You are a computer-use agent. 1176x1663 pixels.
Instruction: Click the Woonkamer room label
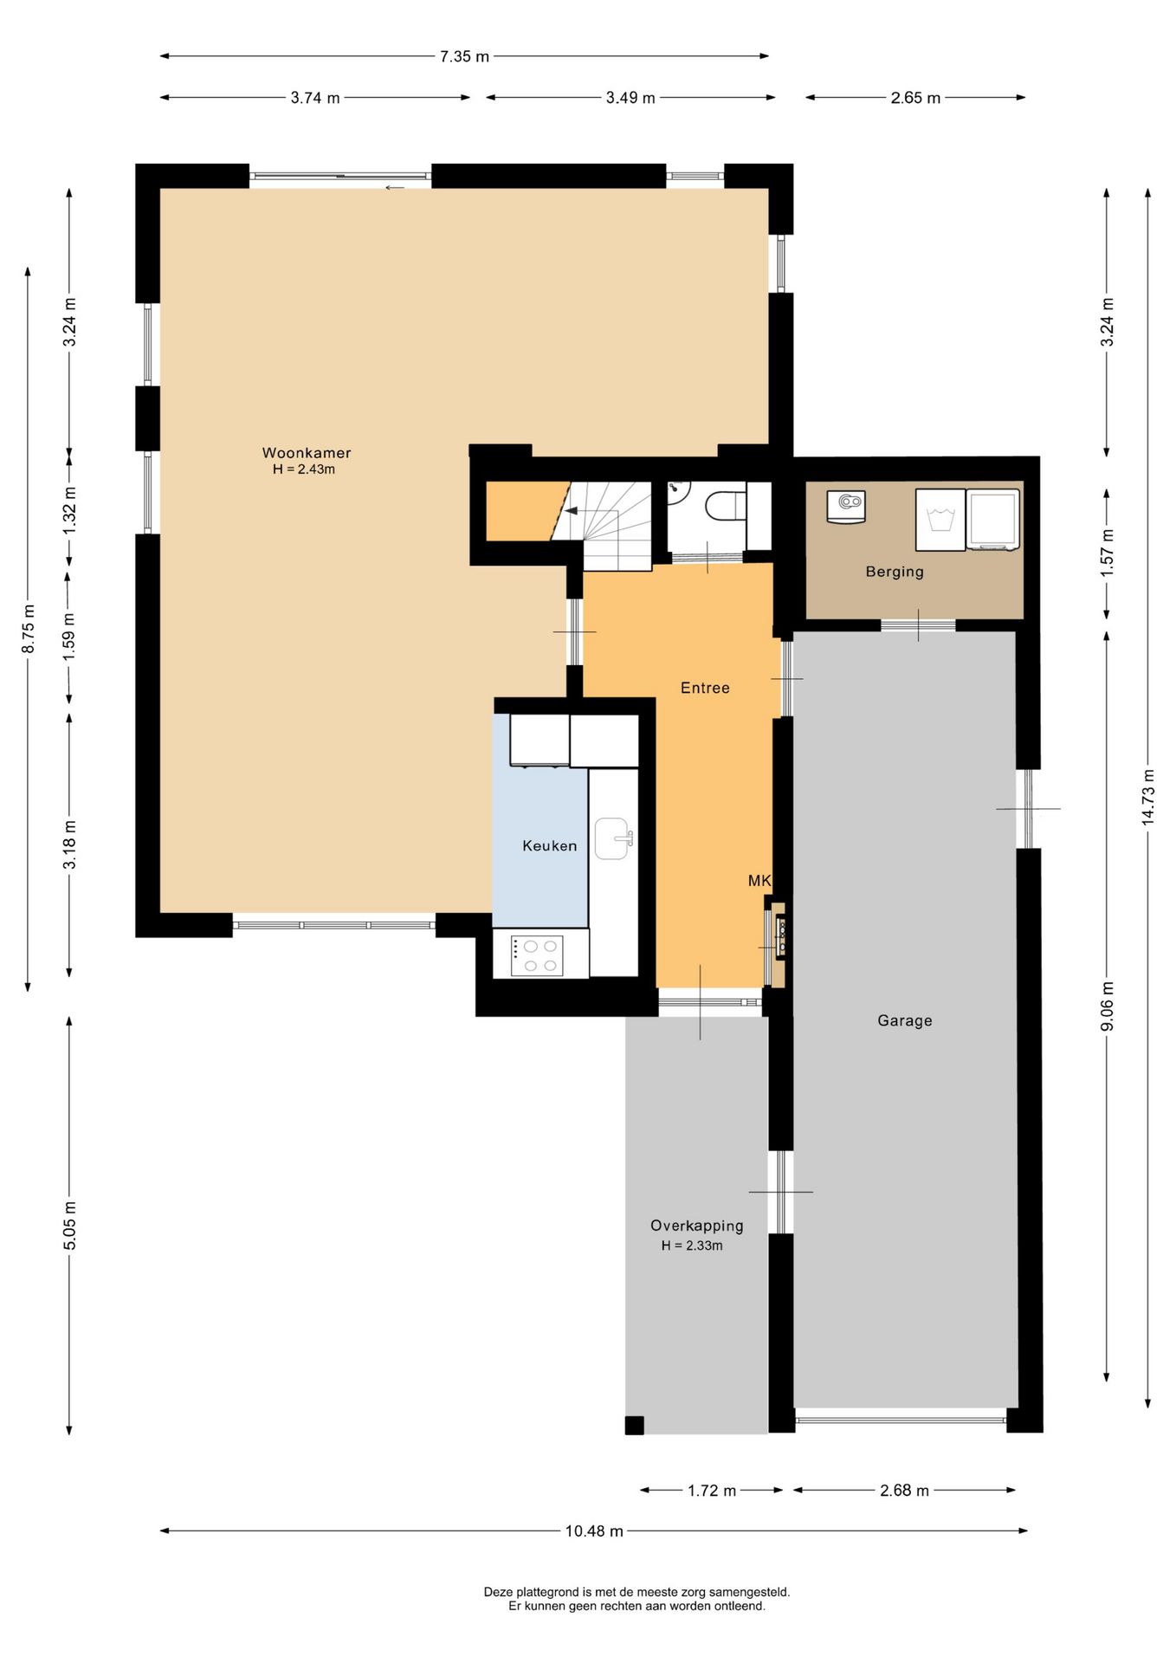(307, 453)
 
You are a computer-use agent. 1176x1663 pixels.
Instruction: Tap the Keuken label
(549, 846)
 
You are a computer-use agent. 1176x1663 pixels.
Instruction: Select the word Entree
(705, 689)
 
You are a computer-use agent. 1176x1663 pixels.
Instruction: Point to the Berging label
(895, 572)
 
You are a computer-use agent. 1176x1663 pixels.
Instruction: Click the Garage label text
(905, 1021)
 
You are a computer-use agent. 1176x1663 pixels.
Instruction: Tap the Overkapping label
(697, 1226)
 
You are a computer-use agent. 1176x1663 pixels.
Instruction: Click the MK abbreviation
(759, 881)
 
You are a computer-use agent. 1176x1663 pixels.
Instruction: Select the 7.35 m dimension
(464, 57)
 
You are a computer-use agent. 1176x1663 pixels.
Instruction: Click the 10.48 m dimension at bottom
(594, 1531)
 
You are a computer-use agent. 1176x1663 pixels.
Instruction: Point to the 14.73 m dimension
(1148, 797)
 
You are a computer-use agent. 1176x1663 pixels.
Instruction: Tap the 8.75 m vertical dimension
(29, 627)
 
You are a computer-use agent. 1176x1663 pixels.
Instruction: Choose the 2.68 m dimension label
(904, 1491)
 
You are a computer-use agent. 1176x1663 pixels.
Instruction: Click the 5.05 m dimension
(70, 1226)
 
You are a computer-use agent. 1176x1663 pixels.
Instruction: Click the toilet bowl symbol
(726, 506)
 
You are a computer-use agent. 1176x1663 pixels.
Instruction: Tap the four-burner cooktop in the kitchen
(537, 956)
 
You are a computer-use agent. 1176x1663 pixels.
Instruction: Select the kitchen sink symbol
(612, 838)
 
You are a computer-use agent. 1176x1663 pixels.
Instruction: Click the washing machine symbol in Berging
(940, 520)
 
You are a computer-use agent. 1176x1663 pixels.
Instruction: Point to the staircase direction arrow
(571, 511)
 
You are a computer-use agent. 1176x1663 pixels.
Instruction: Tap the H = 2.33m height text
(692, 1246)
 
